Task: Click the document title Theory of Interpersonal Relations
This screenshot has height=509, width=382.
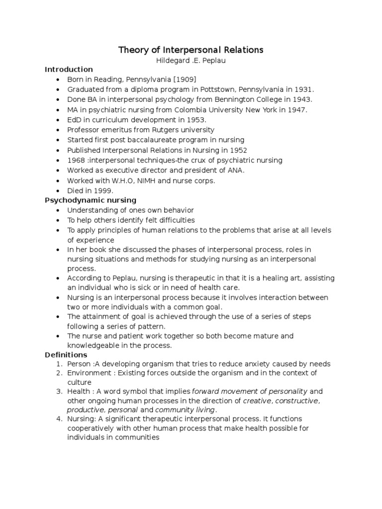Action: (191, 50)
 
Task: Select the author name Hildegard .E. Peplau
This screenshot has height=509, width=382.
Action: (191, 60)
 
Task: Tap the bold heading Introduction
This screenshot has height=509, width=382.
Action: (69, 69)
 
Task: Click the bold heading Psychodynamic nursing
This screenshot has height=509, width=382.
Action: (91, 200)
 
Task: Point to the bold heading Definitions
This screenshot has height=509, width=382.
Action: (66, 354)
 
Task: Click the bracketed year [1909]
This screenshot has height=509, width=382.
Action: (187, 80)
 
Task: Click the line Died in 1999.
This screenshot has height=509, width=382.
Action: (91, 190)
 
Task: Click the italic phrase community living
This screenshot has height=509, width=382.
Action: (185, 410)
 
